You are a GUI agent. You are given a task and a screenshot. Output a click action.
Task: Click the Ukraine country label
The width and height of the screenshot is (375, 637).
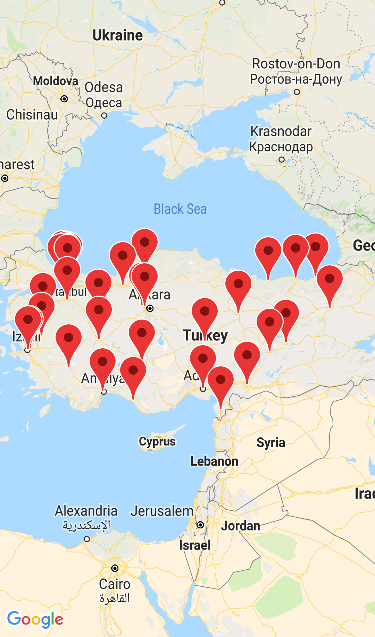pos(117,35)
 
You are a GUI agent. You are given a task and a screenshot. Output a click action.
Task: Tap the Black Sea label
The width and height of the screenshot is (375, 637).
pos(180,209)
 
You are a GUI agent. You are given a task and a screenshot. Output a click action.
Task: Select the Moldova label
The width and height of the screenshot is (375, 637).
pos(56,81)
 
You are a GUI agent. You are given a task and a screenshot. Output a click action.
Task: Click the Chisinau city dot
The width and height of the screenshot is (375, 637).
pos(64,99)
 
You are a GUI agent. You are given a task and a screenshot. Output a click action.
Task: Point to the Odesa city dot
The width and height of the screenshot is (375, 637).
pos(104,116)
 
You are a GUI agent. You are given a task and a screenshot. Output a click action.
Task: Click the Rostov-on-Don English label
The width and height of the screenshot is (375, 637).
pos(296,64)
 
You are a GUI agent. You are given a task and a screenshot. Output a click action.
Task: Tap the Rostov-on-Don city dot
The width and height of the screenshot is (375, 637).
pos(297,92)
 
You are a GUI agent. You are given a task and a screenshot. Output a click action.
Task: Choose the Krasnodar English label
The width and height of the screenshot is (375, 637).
pos(281,131)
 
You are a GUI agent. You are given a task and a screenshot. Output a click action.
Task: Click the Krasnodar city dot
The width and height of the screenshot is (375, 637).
pos(282,160)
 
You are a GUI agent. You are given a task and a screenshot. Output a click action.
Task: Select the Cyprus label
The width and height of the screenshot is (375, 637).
pos(157,442)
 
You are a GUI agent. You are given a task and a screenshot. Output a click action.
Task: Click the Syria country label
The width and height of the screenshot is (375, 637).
pos(271,443)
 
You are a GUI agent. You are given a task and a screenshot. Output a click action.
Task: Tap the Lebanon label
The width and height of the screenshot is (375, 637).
pos(214,461)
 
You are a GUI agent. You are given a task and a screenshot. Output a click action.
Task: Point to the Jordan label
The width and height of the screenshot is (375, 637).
pos(241,526)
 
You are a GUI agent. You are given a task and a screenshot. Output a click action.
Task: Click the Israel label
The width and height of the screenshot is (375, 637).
pos(195,545)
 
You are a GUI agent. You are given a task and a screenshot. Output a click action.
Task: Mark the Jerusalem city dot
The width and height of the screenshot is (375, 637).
pos(200,525)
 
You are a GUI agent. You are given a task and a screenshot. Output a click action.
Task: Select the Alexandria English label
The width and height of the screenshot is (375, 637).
pos(86,511)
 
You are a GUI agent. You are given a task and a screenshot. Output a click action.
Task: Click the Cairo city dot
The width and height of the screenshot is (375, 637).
pos(115,568)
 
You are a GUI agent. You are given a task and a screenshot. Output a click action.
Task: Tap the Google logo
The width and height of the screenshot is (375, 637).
pos(35,619)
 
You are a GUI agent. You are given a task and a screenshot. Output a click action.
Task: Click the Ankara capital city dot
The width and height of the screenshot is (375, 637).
pos(150,308)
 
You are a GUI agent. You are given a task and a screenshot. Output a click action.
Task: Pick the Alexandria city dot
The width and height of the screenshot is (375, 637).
pos(87,539)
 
